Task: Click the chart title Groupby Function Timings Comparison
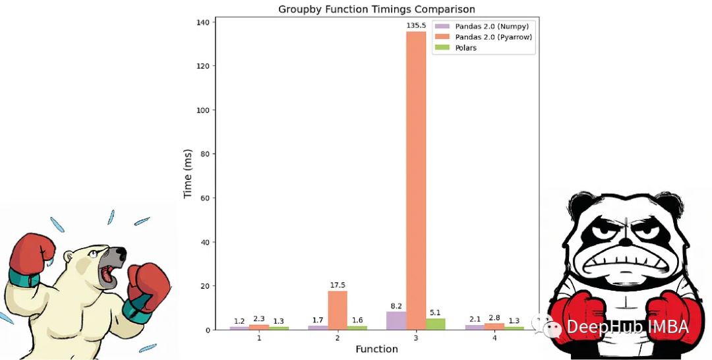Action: coord(376,9)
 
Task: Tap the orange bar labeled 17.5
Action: coord(337,310)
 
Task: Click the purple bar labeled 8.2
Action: coord(396,320)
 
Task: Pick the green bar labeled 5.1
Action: coord(435,324)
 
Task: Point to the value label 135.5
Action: coord(415,26)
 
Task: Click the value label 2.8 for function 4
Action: coord(494,318)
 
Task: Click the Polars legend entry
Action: coord(465,47)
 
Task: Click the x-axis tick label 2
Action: coord(337,338)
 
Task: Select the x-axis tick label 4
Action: coord(494,338)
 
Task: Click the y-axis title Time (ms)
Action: coord(188,173)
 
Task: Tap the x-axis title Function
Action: coord(376,349)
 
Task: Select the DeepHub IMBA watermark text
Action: coord(626,326)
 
